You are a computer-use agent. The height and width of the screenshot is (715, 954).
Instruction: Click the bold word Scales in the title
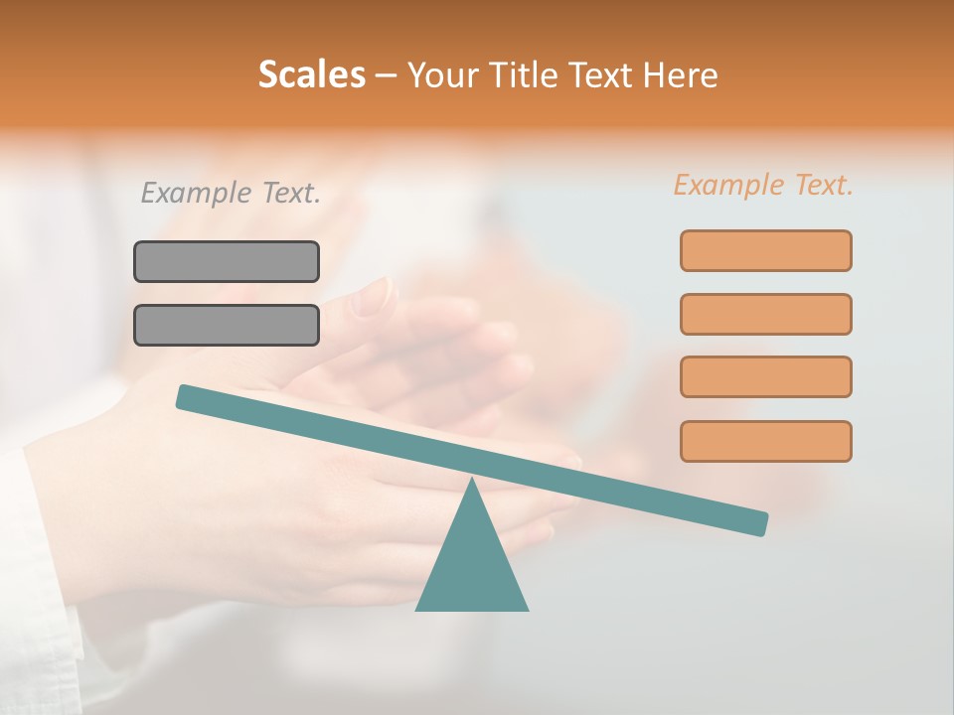pos(311,74)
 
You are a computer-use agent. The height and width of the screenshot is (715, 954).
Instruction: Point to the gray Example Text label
pos(231,193)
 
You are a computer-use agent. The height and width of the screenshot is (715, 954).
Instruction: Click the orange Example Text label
pos(763,185)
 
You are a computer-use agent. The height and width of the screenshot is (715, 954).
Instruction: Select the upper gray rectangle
pos(227,261)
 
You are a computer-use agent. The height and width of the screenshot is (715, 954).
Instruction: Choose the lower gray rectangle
pos(227,325)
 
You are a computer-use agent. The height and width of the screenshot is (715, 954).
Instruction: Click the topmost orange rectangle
pos(765,250)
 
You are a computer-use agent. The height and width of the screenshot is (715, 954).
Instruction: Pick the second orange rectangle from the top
pos(765,314)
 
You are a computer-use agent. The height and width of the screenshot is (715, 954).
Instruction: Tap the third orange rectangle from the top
pos(765,376)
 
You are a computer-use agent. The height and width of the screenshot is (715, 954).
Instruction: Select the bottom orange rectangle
pos(765,441)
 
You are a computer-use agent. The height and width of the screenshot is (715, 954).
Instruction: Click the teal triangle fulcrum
pos(472,566)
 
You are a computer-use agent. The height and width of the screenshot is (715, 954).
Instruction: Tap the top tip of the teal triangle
pos(472,483)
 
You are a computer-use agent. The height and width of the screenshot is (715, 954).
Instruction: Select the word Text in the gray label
pos(288,193)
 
